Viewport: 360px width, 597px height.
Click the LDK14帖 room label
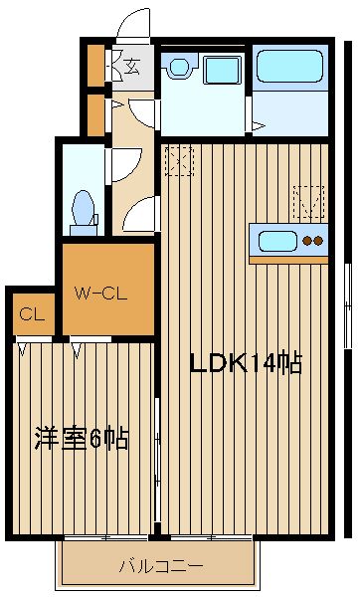247,363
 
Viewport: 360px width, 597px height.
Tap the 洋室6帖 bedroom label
82,438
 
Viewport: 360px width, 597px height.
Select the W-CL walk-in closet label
100,294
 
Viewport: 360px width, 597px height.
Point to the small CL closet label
32,314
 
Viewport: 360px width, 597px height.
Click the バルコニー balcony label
161,567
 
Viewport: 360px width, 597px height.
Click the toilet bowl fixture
84,213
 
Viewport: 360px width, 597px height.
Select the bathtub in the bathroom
290,66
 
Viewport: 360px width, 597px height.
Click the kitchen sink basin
277,242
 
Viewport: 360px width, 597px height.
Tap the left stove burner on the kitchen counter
306,241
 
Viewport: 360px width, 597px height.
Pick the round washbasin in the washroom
179,67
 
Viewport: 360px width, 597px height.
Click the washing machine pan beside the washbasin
222,70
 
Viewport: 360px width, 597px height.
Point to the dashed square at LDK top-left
179,161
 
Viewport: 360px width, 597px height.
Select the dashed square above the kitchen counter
308,202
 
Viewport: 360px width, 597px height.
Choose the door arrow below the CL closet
23,349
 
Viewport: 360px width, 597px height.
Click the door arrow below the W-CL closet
77,350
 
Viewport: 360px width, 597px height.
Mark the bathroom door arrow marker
258,126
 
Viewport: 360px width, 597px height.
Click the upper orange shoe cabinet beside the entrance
95,66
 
